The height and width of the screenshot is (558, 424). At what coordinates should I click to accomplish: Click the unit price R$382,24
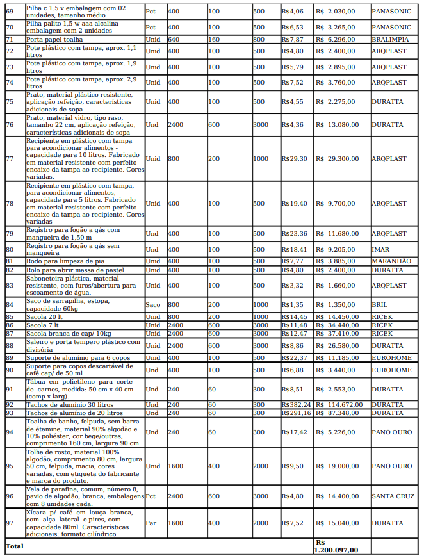296,405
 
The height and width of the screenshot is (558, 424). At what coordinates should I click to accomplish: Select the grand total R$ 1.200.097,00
336,546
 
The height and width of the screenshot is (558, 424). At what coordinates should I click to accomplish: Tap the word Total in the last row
14,546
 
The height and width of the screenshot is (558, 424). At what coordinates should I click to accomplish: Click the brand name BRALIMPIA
391,39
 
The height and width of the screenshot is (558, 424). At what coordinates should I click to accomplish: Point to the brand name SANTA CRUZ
393,496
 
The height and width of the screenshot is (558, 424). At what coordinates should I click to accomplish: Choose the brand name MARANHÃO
391,261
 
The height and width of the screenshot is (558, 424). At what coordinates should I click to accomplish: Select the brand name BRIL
379,305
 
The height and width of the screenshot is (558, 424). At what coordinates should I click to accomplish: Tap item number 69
10,12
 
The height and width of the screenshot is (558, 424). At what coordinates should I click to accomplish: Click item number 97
10,523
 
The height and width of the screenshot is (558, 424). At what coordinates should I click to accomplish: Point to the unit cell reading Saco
153,305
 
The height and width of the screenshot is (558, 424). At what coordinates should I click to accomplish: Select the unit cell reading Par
151,523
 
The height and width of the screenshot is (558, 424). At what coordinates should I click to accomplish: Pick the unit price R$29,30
294,158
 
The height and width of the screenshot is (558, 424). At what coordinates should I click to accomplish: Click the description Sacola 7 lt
44,325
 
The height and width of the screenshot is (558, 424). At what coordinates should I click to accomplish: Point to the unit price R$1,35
291,305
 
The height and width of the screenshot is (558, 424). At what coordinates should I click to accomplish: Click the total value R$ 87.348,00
339,413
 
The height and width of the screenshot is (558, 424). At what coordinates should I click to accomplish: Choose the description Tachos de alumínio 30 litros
69,405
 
